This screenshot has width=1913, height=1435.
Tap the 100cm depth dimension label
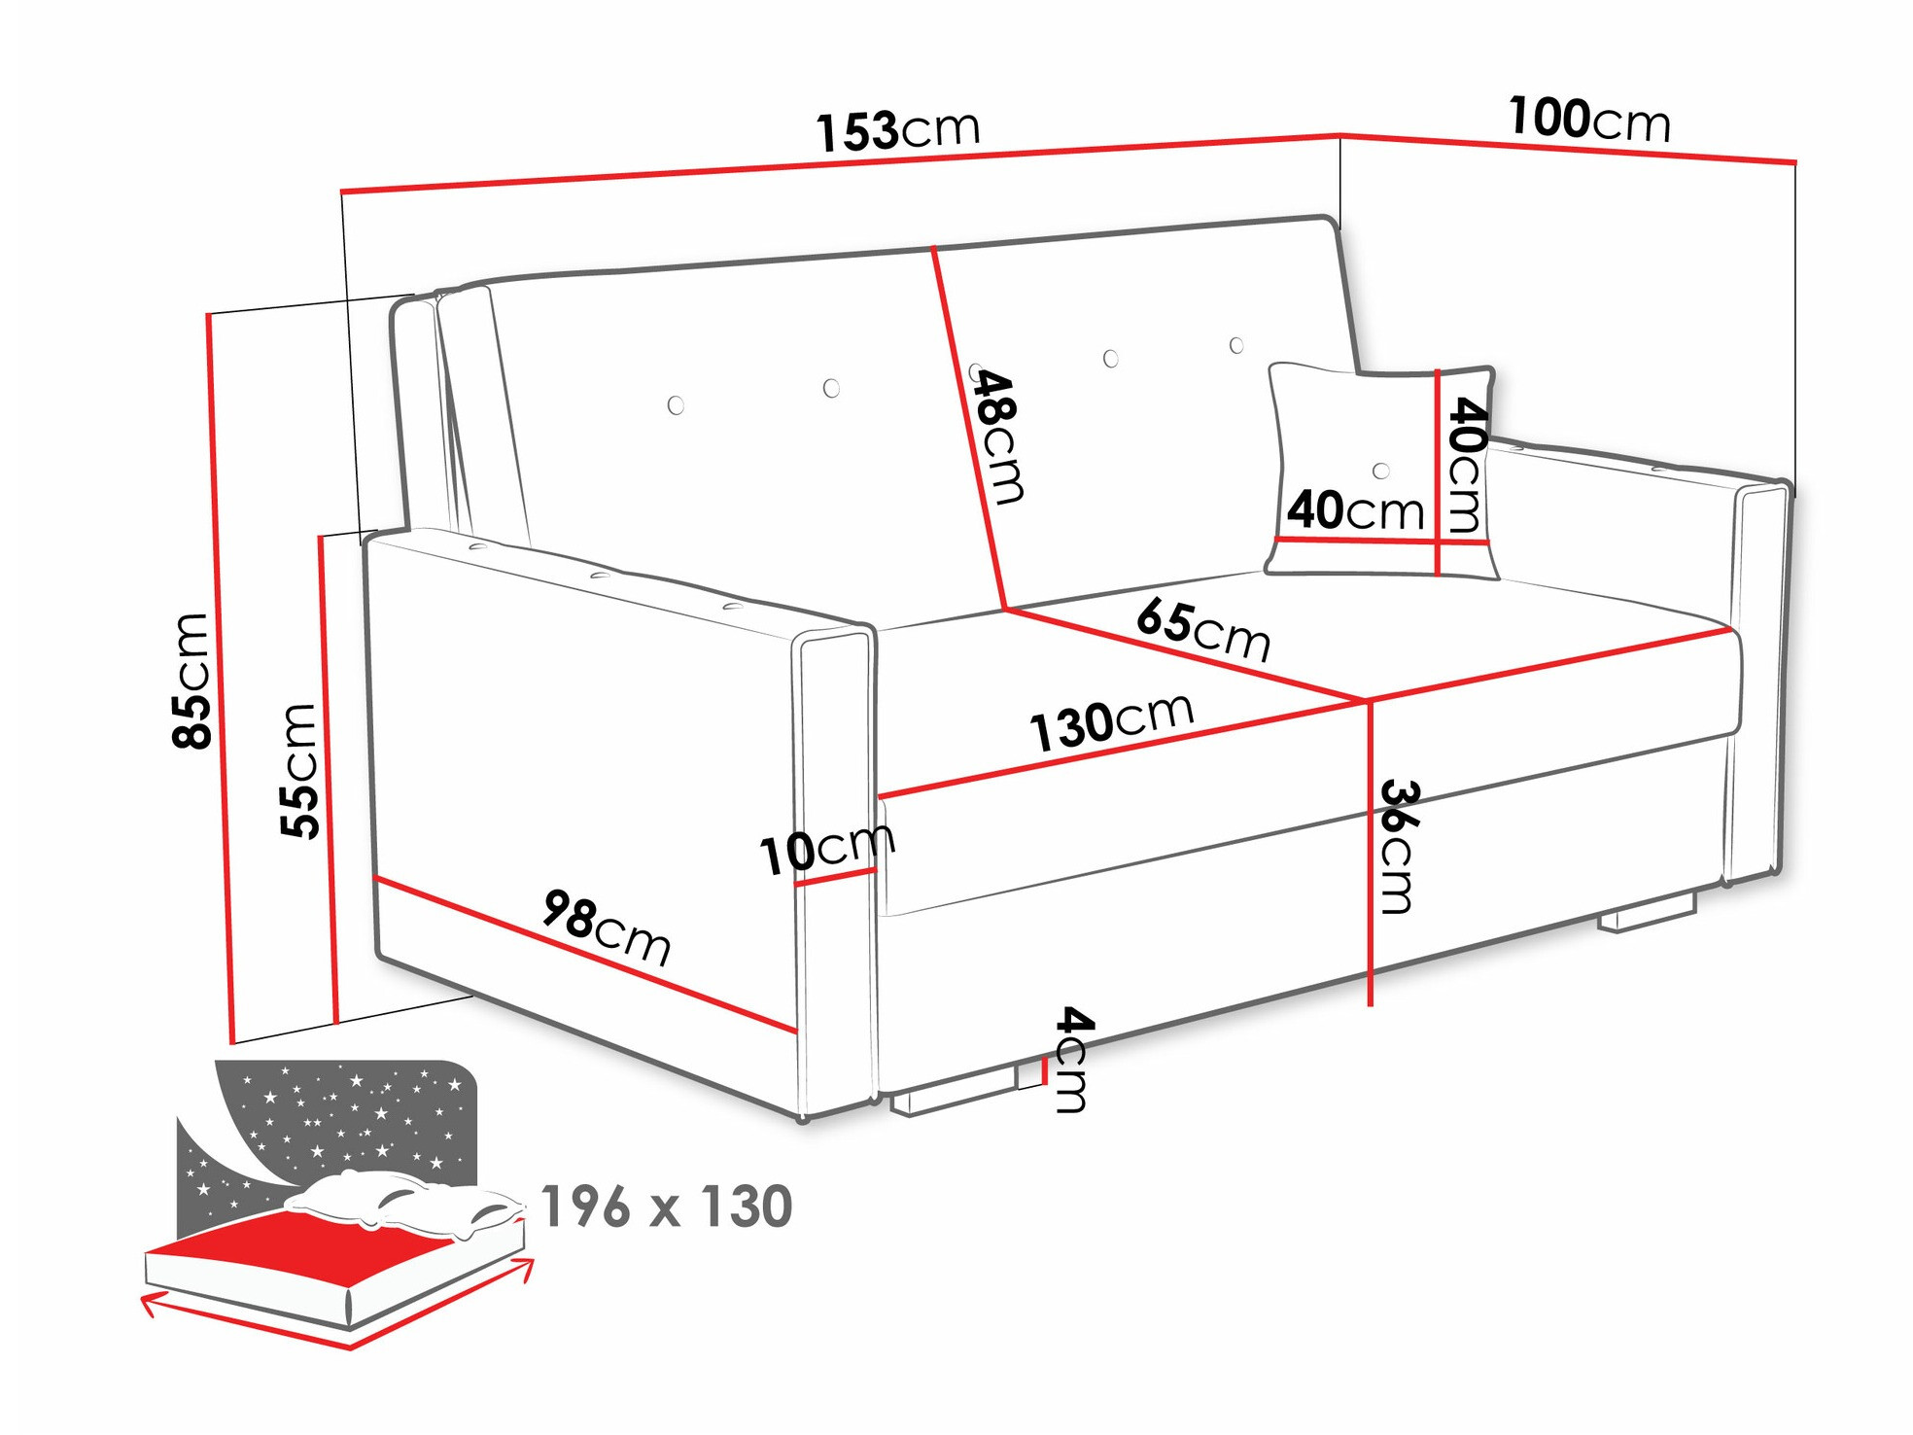[x=1588, y=120]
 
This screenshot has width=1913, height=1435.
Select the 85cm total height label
[x=191, y=681]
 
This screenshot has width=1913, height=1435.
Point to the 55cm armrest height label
[x=299, y=770]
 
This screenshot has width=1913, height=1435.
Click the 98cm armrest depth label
[x=607, y=927]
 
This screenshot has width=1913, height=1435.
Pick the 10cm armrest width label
[x=826, y=849]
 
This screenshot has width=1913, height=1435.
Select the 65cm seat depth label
[x=1203, y=629]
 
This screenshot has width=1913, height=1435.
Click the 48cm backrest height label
[x=998, y=437]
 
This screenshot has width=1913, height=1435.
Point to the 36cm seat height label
[x=1398, y=846]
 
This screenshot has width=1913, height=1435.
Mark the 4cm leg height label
[x=1071, y=1059]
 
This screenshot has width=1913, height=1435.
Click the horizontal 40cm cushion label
[x=1354, y=509]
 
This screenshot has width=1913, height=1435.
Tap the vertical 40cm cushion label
[x=1465, y=465]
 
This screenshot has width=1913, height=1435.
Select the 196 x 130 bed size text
[x=666, y=1207]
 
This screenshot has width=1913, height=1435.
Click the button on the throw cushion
[x=1380, y=472]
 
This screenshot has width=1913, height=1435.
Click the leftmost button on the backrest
[x=676, y=405]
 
